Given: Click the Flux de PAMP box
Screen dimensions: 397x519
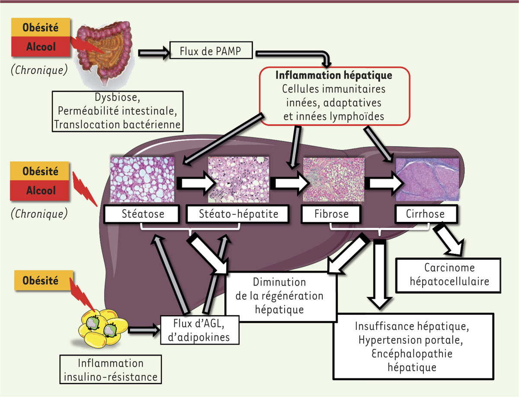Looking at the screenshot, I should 210,52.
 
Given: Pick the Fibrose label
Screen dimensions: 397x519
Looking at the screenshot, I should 331,214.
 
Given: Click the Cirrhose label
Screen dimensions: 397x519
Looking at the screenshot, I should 426,214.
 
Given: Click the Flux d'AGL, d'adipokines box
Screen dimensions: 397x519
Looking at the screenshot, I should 200,330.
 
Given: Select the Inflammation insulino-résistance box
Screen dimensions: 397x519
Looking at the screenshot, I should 111,370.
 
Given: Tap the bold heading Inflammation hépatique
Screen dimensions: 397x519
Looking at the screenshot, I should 334,75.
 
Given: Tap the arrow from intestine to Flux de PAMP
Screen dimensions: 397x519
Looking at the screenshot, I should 152,53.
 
